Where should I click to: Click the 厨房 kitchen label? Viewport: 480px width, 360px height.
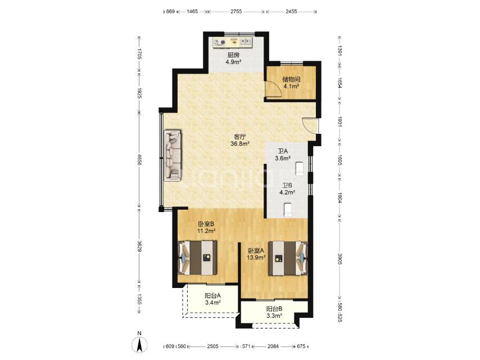pos(233,55)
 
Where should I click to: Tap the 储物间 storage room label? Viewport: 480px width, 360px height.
pos(291,79)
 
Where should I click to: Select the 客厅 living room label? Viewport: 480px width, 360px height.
pos(240,136)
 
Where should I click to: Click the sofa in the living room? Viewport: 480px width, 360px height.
pos(173,155)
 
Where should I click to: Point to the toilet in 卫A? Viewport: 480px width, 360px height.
pos(299,169)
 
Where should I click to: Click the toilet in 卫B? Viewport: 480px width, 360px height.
pos(287,210)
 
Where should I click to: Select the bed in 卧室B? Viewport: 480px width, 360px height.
pos(197,258)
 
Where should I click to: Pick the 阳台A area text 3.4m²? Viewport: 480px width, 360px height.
pos(213,303)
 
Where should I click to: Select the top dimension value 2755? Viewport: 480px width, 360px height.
pos(236,11)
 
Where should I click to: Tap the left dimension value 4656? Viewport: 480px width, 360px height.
pos(139,159)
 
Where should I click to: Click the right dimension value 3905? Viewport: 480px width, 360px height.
pos(339,259)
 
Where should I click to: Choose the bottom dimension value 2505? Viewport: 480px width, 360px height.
pos(213,346)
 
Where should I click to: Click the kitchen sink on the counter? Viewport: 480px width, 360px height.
pos(246,42)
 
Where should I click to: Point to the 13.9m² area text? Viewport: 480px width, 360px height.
pos(256,258)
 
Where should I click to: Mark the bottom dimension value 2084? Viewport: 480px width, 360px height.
pos(273,346)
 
